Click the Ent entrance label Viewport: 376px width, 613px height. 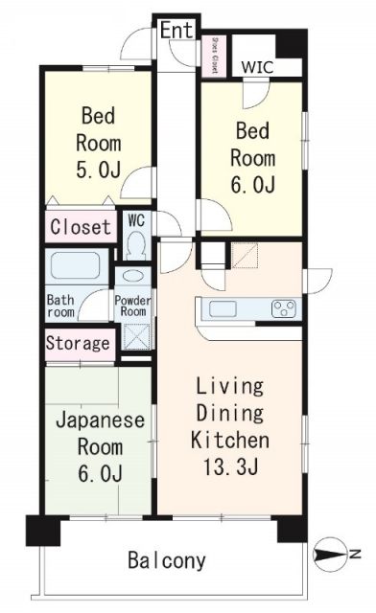click(x=176, y=31)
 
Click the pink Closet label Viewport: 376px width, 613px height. click(x=79, y=228)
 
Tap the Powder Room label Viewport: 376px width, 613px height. click(x=132, y=305)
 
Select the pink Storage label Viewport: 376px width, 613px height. click(x=79, y=344)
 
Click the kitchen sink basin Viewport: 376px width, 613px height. click(x=221, y=308)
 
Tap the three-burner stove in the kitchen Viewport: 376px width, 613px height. click(x=283, y=308)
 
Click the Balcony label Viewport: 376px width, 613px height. click(x=169, y=561)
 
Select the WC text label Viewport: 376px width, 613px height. click(x=136, y=219)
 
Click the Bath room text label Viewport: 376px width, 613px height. click(x=60, y=305)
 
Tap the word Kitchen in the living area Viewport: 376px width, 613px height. click(x=229, y=442)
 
